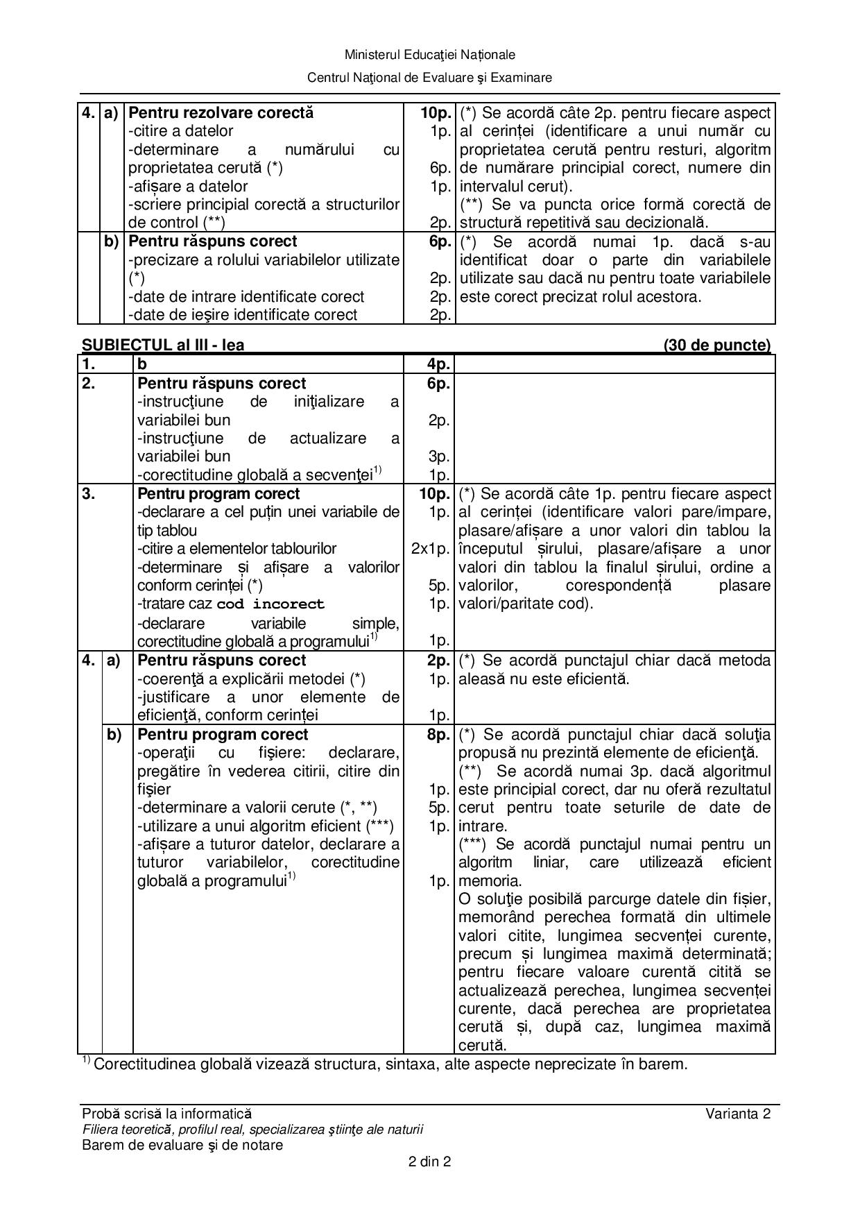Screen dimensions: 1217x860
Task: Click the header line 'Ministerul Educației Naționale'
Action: [429, 55]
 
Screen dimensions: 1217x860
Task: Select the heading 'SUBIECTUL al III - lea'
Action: [163, 345]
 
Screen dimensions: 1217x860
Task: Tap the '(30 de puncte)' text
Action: [716, 345]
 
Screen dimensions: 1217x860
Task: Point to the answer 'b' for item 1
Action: [142, 364]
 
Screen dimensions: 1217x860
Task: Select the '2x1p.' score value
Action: [430, 549]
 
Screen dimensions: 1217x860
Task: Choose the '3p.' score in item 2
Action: [439, 457]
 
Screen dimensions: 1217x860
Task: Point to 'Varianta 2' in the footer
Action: [738, 1114]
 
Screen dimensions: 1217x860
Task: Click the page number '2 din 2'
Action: [429, 1161]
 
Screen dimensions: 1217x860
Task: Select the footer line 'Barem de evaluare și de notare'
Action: [182, 1145]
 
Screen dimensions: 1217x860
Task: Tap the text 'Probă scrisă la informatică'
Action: [167, 1114]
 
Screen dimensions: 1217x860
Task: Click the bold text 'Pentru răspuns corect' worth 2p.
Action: [222, 660]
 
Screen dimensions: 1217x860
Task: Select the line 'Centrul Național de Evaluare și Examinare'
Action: [429, 78]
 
